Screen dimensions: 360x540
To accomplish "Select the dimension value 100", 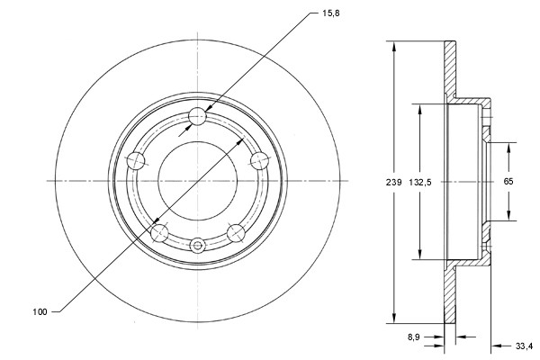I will tap(39, 311).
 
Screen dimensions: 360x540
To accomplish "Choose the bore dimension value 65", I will tap(508, 182).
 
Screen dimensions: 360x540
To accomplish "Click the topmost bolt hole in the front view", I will tap(199, 116).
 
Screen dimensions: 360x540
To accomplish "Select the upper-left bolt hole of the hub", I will tap(137, 160).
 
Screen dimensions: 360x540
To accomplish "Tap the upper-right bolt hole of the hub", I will tap(260, 160).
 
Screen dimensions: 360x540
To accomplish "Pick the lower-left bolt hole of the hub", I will tap(160, 233).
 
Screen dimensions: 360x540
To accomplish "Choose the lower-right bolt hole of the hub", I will tap(237, 233).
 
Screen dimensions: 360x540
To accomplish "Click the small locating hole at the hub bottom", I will tap(198, 242).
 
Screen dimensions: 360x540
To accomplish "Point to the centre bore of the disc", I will tap(198, 180).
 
